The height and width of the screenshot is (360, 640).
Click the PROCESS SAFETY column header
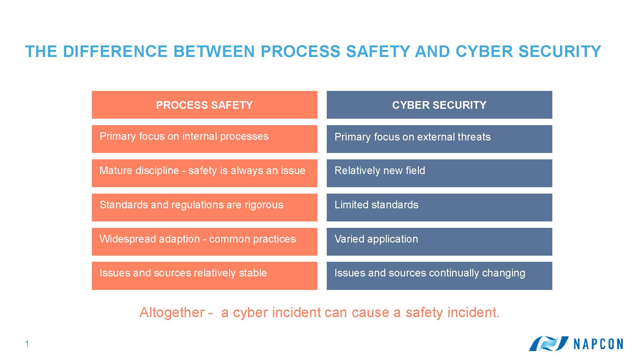tap(204, 105)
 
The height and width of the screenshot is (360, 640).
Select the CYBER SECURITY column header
tap(439, 105)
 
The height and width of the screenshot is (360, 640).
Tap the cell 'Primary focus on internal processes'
tap(204, 139)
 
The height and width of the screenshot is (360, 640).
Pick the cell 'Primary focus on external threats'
tap(439, 139)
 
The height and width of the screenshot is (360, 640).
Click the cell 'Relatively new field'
tap(439, 173)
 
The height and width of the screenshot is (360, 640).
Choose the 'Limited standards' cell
tap(439, 207)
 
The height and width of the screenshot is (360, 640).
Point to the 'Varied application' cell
tap(439, 242)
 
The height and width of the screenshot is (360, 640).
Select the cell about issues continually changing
tap(439, 276)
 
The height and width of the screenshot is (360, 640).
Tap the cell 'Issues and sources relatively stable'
tap(204, 276)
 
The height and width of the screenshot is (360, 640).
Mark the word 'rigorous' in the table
tap(264, 205)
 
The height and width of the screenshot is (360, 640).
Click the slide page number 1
tap(27, 344)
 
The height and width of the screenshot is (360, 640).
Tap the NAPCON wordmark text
tap(598, 344)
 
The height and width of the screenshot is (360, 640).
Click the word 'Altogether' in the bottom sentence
tap(172, 312)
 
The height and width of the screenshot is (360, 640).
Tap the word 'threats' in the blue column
tap(474, 137)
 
